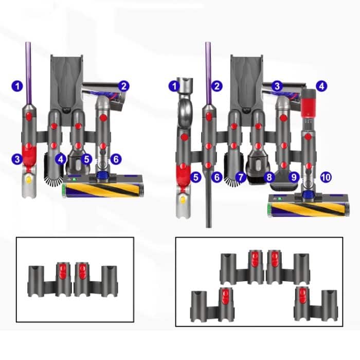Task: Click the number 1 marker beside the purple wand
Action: click(18, 86)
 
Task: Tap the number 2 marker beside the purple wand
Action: click(217, 86)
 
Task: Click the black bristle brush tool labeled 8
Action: click(256, 174)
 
